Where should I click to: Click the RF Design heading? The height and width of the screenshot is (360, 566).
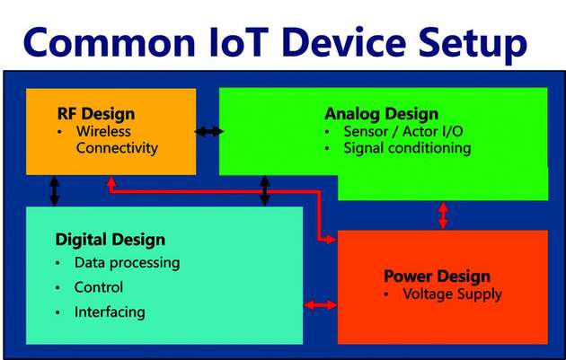pyautogui.click(x=95, y=114)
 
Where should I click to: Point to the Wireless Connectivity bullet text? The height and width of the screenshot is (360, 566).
pyautogui.click(x=117, y=139)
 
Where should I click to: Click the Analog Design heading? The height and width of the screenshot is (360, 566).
pyautogui.click(x=381, y=114)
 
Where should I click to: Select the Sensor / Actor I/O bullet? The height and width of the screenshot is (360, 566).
pyautogui.click(x=403, y=131)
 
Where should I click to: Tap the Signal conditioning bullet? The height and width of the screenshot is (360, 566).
pyautogui.click(x=407, y=147)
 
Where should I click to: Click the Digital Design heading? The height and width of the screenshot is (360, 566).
pyautogui.click(x=111, y=239)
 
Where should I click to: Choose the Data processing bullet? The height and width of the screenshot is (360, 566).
pyautogui.click(x=127, y=263)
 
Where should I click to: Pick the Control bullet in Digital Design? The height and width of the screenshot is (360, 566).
pyautogui.click(x=99, y=287)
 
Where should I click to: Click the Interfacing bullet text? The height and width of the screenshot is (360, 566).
pyautogui.click(x=110, y=312)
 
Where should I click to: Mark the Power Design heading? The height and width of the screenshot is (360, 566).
pyautogui.click(x=437, y=276)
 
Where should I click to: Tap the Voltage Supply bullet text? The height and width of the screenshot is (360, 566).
pyautogui.click(x=452, y=294)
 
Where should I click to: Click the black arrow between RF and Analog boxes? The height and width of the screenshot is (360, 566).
pyautogui.click(x=209, y=132)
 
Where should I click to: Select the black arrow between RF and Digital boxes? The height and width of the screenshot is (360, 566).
pyautogui.click(x=55, y=190)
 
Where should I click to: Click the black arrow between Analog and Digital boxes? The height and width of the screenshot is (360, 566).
pyautogui.click(x=264, y=189)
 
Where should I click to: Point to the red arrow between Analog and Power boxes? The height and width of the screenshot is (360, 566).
pyautogui.click(x=442, y=215)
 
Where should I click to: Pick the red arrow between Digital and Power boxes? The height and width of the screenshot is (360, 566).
pyautogui.click(x=321, y=305)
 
